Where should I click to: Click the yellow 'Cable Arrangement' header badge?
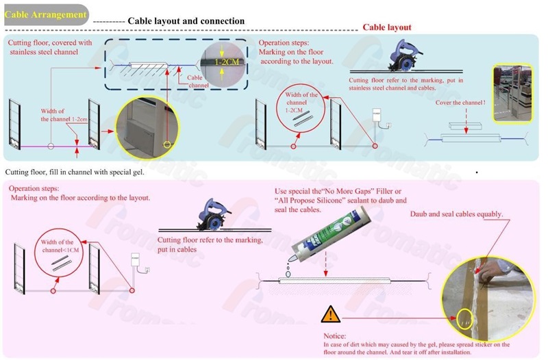[x=46, y=14]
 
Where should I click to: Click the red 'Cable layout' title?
[x=386, y=27]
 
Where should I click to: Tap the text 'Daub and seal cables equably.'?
[x=456, y=214]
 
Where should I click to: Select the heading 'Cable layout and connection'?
[x=186, y=21]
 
